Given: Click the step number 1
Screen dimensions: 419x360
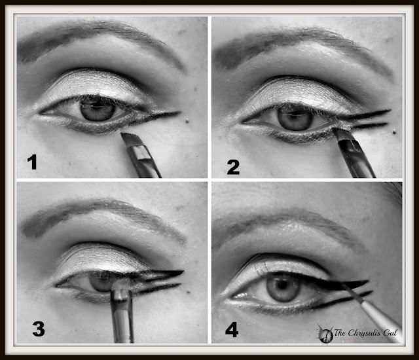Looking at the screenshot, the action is (32, 162).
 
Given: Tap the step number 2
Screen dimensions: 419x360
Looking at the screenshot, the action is (233, 168).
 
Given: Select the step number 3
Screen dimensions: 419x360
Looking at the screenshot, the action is (39, 329).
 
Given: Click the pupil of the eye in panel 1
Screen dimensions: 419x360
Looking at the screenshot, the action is (98, 110).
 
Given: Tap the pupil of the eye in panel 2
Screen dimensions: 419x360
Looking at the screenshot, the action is (295, 118).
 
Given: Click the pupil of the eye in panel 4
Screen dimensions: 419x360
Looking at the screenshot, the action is (282, 287).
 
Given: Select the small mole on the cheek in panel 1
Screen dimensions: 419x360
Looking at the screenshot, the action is (187, 121).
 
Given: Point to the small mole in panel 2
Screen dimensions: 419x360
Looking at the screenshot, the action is (393, 132).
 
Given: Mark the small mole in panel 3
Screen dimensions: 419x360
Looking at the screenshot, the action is (189, 292).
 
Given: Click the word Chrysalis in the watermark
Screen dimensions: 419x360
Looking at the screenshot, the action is (365, 333).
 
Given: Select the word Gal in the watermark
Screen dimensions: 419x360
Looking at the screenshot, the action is (391, 333).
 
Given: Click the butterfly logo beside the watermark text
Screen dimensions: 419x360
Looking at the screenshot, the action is (325, 333).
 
